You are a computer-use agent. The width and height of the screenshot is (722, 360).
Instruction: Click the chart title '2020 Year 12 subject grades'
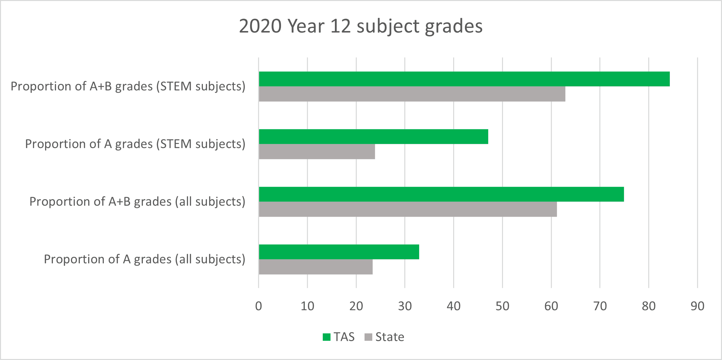(360, 26)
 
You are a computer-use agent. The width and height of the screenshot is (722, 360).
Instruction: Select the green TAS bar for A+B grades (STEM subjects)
(464, 79)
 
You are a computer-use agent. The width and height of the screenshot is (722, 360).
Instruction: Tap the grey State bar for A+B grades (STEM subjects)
(412, 94)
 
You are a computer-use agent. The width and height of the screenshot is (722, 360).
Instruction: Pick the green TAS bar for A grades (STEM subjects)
(373, 137)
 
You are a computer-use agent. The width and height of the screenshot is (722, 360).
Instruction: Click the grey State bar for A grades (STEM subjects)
(317, 151)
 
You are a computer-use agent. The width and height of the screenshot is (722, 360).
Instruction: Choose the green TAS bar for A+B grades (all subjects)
(441, 194)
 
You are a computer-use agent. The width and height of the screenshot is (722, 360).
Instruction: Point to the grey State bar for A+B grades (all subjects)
(408, 209)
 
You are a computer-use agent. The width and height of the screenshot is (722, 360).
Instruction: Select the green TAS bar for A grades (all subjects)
(339, 252)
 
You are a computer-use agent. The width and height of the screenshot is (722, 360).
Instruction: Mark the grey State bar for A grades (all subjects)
(316, 267)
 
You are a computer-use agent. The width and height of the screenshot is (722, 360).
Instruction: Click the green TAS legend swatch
(326, 337)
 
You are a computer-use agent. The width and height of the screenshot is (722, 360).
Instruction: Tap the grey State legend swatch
(368, 337)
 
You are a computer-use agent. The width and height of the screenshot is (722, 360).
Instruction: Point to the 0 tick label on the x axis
(258, 306)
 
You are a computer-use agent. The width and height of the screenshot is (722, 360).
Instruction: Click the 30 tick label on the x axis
(405, 306)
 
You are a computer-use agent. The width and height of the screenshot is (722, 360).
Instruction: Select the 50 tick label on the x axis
(502, 306)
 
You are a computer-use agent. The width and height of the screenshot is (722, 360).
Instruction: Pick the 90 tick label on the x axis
(697, 306)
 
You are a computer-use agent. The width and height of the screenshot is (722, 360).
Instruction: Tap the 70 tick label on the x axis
(600, 306)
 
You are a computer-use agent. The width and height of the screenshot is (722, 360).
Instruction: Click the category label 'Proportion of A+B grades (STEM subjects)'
(128, 86)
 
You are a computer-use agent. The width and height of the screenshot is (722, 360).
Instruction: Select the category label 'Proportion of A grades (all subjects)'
(145, 259)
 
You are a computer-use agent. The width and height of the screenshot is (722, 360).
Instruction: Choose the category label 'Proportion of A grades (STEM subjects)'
(135, 144)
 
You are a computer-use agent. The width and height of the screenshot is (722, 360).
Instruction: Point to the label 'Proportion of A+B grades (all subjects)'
(137, 202)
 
